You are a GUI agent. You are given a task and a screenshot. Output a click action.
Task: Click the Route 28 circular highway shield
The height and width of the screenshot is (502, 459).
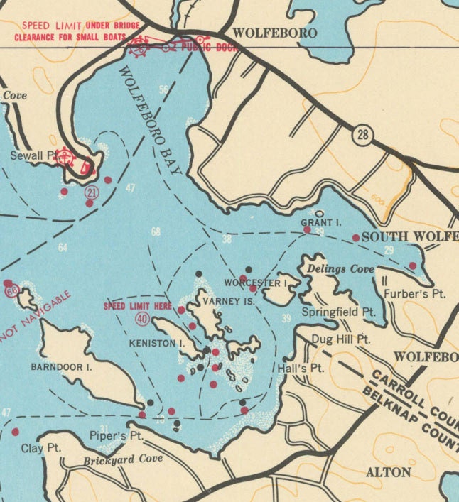click(x=362, y=133)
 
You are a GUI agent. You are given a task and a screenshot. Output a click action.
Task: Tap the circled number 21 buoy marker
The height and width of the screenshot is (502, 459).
click(x=91, y=192)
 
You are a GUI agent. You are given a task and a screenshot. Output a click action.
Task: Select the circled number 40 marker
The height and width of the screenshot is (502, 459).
click(x=142, y=319)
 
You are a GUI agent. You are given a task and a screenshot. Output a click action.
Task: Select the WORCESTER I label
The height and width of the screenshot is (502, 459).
click(x=255, y=283)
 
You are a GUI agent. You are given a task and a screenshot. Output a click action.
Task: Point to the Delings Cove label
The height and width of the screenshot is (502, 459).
click(x=330, y=269)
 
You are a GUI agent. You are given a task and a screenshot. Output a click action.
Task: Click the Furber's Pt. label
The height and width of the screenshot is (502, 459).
click(x=414, y=293)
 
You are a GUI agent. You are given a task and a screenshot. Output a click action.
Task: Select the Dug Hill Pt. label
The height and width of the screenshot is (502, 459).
click(x=342, y=340)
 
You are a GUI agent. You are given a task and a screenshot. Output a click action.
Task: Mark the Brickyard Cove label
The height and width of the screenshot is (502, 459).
click(x=123, y=459)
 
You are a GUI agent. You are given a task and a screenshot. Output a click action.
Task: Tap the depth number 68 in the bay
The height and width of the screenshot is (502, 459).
click(x=156, y=232)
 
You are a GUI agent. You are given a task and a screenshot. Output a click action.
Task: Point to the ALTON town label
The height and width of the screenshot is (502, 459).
click(x=388, y=472)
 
